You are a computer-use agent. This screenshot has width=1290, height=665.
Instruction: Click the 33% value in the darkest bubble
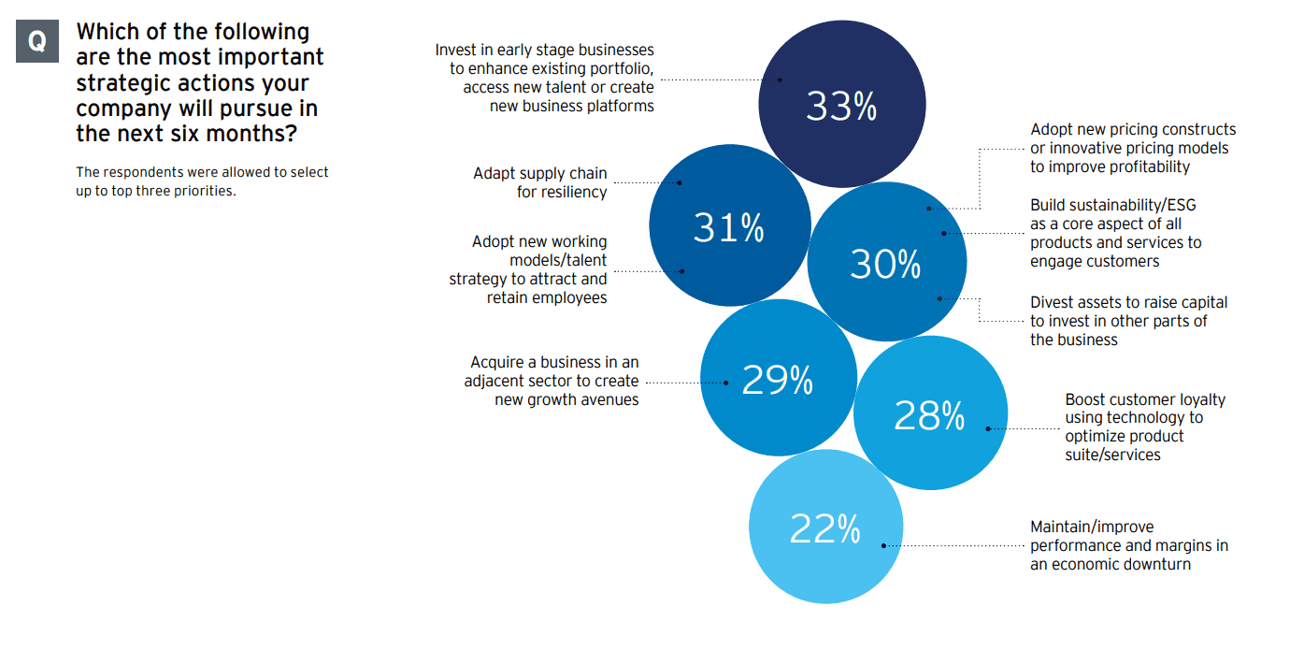click(841, 107)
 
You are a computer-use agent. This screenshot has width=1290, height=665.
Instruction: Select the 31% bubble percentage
click(728, 227)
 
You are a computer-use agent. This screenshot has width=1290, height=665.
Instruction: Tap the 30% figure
click(885, 265)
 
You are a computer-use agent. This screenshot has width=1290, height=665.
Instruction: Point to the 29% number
click(777, 380)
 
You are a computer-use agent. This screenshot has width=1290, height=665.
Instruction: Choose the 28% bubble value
click(928, 415)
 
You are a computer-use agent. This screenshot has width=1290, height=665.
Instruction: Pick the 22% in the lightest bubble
click(824, 529)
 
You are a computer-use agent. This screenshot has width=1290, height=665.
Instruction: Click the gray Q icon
click(37, 42)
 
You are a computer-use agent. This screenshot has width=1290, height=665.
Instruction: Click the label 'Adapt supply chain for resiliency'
click(539, 182)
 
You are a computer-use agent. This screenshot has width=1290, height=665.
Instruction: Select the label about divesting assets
click(1128, 321)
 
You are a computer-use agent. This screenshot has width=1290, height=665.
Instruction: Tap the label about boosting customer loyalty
click(1144, 426)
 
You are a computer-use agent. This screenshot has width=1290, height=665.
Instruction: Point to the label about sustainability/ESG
click(1115, 233)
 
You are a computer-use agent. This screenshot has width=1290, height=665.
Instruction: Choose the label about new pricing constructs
click(1132, 148)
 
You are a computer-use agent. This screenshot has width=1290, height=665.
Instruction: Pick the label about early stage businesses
click(545, 78)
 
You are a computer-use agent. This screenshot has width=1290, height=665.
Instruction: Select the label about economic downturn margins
click(1128, 545)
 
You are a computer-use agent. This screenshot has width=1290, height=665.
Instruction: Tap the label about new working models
click(529, 269)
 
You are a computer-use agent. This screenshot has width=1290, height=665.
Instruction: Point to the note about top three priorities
click(202, 181)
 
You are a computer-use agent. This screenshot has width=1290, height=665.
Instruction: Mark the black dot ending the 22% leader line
click(883, 545)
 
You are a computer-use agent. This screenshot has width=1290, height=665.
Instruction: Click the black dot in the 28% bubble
click(988, 429)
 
